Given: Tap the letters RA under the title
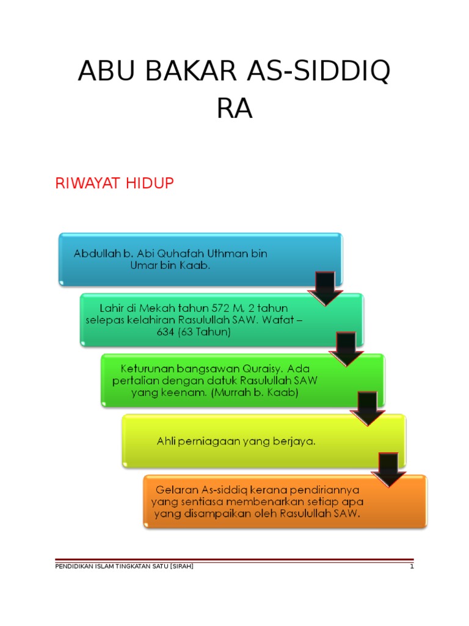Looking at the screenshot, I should point(234,110).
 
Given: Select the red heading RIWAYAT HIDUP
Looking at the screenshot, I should point(115,183).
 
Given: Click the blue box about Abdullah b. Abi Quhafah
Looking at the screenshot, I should point(183,259).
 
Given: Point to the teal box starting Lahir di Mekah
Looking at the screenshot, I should point(202,319).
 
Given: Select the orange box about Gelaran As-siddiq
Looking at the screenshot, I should point(269,501).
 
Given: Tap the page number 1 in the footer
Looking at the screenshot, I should point(412,567).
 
